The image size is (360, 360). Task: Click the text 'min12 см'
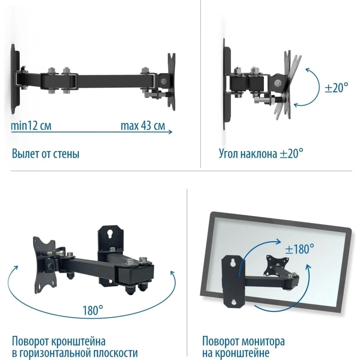(31, 126)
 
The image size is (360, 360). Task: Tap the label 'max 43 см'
(143, 126)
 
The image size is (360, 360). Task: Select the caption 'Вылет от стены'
(45, 153)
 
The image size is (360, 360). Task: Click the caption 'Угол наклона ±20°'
(261, 153)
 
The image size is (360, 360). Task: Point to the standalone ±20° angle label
(336, 87)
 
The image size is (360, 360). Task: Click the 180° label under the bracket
(93, 310)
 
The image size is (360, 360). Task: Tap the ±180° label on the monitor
(299, 249)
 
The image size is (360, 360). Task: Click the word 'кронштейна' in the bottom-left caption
(78, 341)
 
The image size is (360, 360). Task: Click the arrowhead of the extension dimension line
(171, 132)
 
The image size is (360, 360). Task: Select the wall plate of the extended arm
(15, 80)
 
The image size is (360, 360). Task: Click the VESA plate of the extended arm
(172, 82)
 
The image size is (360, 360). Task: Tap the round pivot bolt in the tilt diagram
(279, 83)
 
